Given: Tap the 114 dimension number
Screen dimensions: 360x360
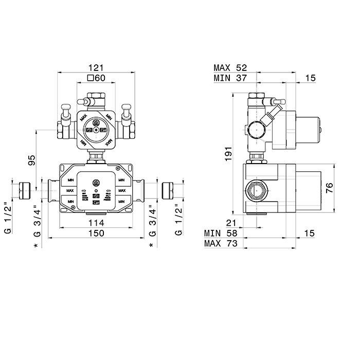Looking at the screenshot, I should click(x=96, y=223).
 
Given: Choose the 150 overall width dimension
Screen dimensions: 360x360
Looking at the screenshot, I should click(x=96, y=233).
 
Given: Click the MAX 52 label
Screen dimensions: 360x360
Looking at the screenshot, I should click(x=230, y=67).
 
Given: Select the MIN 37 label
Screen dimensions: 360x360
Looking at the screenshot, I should click(x=230, y=78).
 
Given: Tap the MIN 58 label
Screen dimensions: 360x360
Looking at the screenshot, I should click(x=220, y=233).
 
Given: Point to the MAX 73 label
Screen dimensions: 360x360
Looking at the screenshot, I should click(x=220, y=244).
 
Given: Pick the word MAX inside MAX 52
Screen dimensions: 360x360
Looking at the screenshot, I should click(x=223, y=67).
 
